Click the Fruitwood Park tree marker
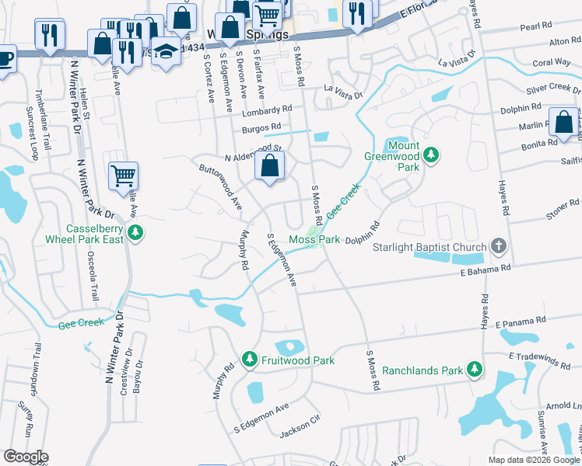pos(250,360)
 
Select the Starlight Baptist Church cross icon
pos(499,247)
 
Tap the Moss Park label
pos(314,240)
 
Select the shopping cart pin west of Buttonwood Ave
pos(123,175)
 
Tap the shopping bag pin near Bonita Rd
pos(563,123)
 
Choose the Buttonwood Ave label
pos(220,186)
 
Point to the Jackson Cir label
pos(300,428)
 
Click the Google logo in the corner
pos(26,457)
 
